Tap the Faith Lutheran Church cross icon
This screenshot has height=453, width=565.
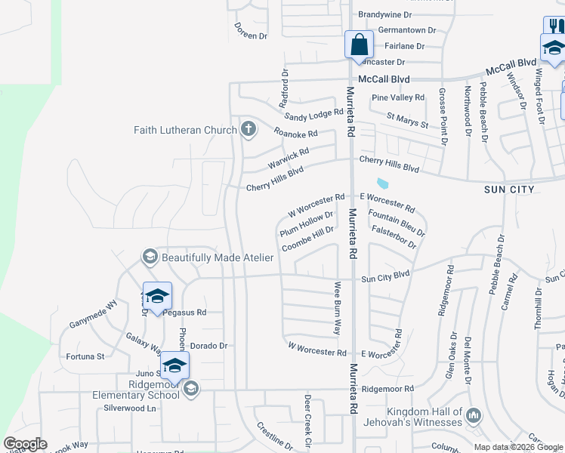click(x=248, y=129)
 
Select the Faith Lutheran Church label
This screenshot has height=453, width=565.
click(x=185, y=130)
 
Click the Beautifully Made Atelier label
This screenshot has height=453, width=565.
click(x=217, y=257)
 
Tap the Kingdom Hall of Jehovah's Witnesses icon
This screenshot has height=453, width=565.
click(x=474, y=414)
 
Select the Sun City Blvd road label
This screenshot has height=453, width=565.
click(x=385, y=276)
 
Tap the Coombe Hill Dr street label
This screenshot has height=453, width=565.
click(x=307, y=239)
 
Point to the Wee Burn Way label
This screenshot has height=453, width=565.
click(x=338, y=308)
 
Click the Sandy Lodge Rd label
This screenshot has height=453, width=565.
click(x=313, y=115)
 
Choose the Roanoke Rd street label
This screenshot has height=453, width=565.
click(x=295, y=134)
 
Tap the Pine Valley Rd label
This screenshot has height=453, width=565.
click(x=398, y=97)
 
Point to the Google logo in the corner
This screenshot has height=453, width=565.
click(x=25, y=444)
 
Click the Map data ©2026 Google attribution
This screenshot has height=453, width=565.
click(x=519, y=447)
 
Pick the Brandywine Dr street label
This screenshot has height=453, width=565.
click(x=385, y=14)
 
